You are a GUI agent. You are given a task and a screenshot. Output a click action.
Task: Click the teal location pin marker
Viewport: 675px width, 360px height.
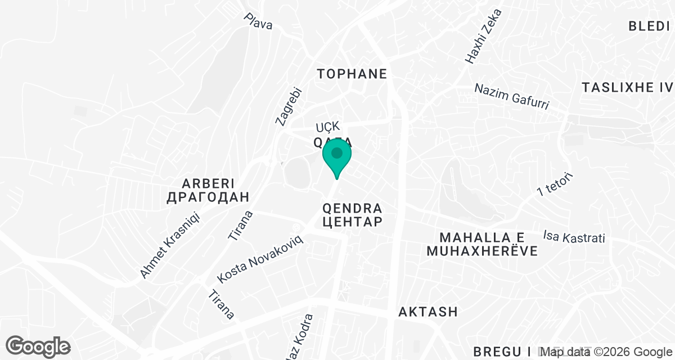(336, 156)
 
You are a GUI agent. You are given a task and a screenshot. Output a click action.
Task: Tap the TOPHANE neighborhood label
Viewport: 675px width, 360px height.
(352, 74)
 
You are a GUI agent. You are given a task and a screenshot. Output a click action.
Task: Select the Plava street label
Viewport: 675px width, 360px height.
(258, 21)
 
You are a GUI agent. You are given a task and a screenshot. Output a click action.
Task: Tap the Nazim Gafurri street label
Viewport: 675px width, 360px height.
(511, 96)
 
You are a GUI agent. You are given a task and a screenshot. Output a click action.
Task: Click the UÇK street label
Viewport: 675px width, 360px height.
(328, 127)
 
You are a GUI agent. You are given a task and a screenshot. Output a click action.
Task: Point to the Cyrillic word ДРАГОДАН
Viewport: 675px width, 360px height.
(208, 197)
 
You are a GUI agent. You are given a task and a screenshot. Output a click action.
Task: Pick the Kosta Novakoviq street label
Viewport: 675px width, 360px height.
(260, 259)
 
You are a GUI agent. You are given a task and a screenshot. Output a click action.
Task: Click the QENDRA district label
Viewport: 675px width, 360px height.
(353, 208)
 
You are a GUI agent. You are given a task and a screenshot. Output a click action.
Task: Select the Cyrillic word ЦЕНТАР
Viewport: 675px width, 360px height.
(353, 222)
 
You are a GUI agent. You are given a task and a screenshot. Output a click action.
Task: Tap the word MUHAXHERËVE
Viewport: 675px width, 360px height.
(481, 251)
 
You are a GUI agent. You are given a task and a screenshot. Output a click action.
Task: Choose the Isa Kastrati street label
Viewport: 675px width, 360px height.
(574, 237)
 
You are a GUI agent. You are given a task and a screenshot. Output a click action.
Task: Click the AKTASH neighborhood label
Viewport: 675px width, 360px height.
(427, 312)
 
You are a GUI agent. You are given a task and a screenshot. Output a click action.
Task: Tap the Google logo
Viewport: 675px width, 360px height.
(38, 346)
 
